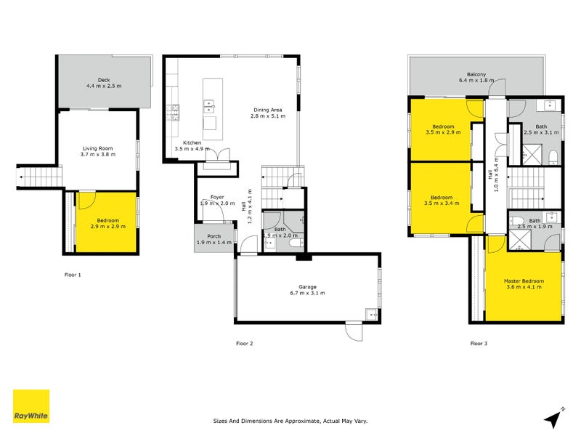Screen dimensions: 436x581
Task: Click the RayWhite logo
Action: click(31, 406)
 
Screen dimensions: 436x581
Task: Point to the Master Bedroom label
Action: click(524, 280)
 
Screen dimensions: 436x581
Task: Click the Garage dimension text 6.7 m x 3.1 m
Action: click(306, 294)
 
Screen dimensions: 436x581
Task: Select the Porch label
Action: click(214, 235)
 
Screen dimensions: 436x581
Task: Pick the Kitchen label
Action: click(192, 142)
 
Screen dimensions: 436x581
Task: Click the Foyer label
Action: click(217, 197)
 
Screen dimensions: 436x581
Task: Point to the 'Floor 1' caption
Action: click(73, 275)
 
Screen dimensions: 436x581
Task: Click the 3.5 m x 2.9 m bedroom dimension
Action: click(442, 132)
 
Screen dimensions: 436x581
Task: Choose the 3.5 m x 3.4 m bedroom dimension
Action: click(442, 203)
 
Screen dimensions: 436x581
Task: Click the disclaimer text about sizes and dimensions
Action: click(289, 420)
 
